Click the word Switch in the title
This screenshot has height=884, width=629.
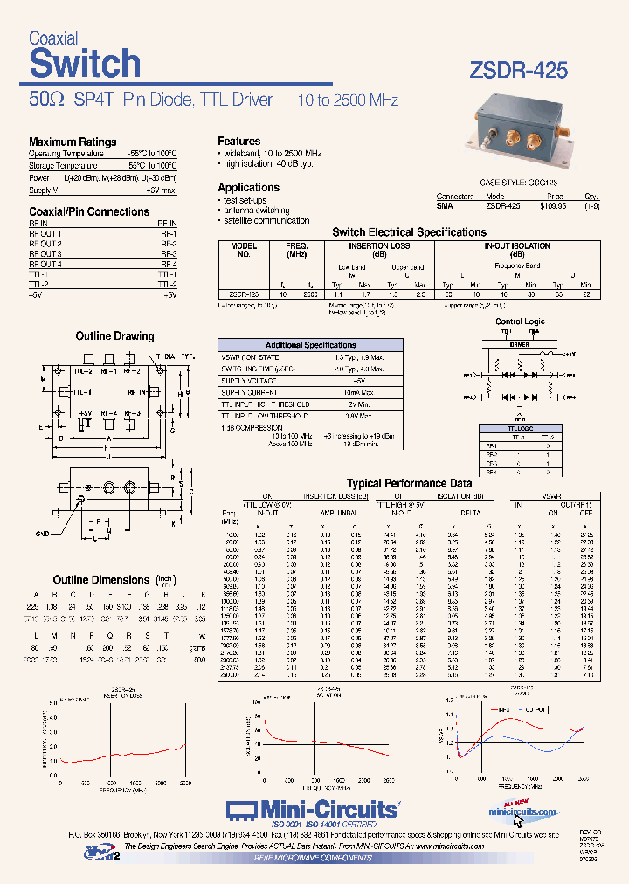point(85,64)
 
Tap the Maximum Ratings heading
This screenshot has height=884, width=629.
point(73,142)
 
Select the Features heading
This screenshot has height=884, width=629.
point(238,141)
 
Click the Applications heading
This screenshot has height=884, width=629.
point(248,187)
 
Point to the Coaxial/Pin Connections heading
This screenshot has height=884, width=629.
point(89,211)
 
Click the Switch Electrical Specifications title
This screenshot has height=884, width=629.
point(409,232)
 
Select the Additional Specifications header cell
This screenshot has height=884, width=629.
point(310,345)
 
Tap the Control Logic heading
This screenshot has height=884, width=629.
point(520,321)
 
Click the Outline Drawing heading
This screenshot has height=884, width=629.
point(114,336)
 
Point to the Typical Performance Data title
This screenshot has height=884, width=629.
point(409,483)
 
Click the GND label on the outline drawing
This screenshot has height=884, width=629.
point(43,533)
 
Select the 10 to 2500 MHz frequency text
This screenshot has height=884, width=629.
point(346,100)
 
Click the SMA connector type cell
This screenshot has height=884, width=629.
point(445,206)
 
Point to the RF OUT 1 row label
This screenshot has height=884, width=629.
point(45,234)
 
